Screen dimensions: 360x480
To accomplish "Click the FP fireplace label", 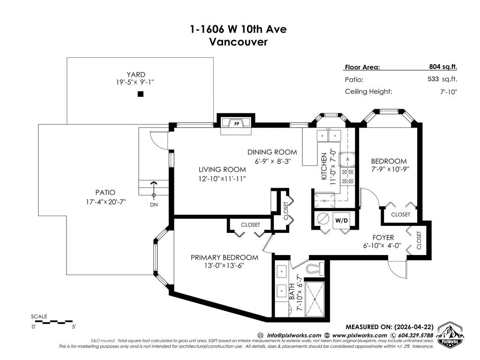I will coord(236,124).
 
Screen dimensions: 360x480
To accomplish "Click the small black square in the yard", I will coord(140,94).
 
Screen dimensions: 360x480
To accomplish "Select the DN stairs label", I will coord(153,204).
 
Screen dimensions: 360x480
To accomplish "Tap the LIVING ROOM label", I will coord(222,170).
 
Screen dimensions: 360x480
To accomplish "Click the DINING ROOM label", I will coord(272,152).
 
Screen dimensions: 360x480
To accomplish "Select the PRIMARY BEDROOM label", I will coord(224,257).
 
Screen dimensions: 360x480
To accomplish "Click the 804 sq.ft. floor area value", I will coord(443,67).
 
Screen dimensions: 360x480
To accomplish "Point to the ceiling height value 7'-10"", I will coord(448,92).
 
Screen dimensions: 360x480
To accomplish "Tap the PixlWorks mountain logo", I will coord(450,335).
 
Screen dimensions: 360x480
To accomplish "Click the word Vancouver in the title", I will coord(238,42).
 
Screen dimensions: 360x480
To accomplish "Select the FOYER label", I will coord(383,237).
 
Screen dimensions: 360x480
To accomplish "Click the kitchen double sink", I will coord(329,136).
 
